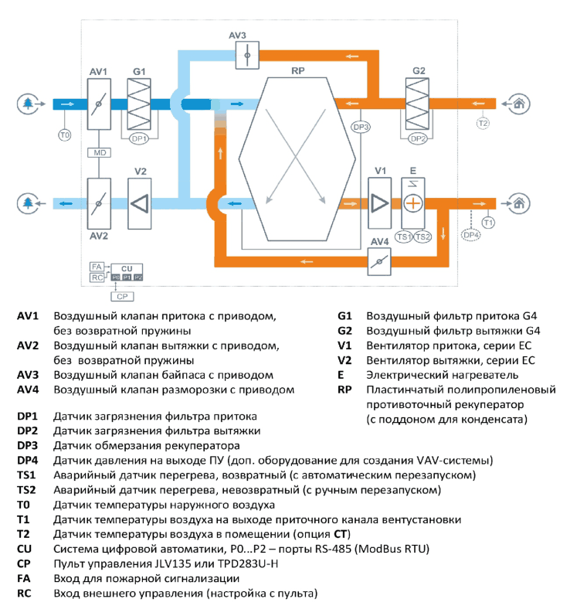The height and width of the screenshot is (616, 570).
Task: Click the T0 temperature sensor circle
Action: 65,135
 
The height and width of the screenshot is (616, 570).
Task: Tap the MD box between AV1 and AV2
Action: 99,152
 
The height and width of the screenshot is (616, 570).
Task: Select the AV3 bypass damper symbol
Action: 247,55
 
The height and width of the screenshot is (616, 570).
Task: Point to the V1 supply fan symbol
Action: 379,203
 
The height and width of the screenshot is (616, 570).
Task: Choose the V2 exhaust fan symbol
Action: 139,204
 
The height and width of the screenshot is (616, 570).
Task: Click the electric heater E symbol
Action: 413,203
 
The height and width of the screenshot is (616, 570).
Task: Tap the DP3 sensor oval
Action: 361,127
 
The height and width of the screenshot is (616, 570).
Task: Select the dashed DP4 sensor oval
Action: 471,235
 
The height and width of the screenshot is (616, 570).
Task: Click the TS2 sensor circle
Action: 422,237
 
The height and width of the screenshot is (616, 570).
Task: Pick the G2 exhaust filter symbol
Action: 417,104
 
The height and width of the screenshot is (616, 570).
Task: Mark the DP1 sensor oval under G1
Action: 139,138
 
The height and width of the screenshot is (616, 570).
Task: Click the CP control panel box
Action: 123,296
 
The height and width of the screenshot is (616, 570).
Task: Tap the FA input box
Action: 97,267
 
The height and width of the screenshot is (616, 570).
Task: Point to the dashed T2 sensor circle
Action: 483,124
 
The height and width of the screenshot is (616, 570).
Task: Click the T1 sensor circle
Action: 488,223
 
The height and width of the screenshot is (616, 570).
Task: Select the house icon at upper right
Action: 519,104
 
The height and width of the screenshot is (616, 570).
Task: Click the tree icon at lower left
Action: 28,203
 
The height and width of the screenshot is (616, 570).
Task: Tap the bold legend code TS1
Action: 26,475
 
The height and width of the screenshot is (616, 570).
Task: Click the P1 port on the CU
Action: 127,277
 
